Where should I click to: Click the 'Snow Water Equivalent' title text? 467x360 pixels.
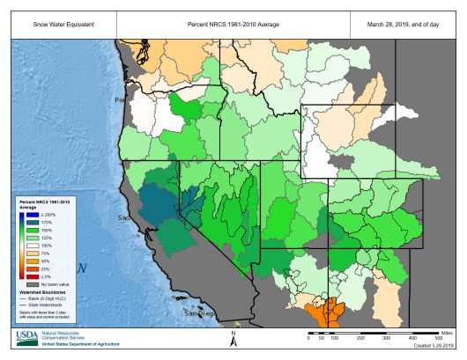(x=51, y=23)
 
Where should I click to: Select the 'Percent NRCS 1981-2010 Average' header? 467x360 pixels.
(x=233, y=23)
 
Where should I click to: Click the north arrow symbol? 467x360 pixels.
(x=233, y=340)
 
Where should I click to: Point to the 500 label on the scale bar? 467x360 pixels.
(x=439, y=337)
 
